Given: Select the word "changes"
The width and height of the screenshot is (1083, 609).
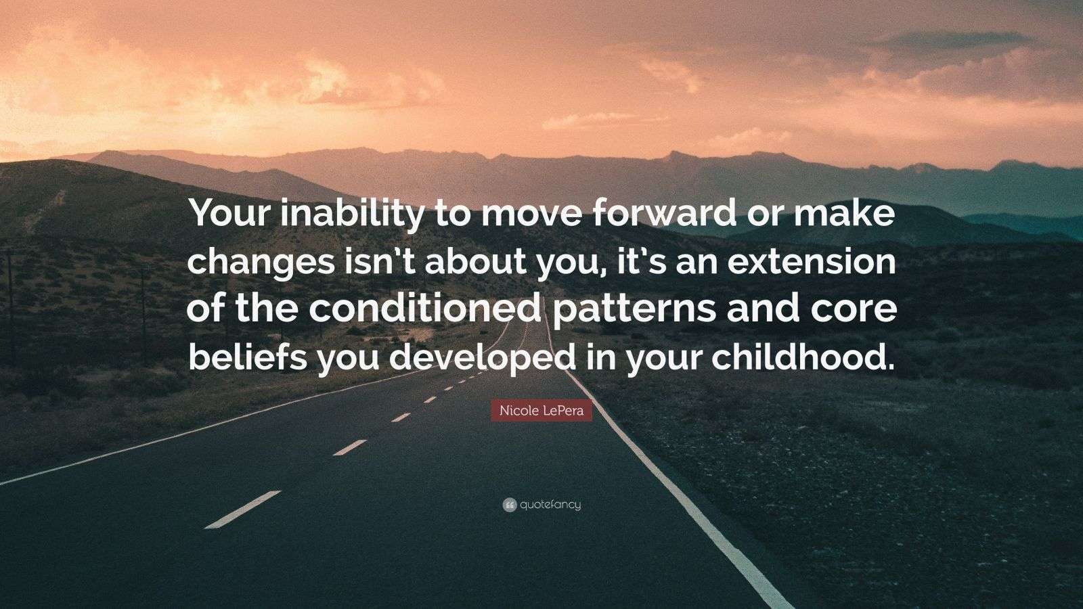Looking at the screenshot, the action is point(260,263).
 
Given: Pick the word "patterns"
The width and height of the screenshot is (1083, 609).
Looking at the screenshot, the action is point(634,312).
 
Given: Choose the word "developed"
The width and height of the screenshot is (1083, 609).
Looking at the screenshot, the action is point(483,360).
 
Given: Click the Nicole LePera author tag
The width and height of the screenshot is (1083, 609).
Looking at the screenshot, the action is point(541,411).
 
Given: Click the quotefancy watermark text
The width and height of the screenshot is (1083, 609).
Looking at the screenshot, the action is point(550,505).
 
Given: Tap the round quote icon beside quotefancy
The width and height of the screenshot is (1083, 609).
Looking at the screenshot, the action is point(510,505).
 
